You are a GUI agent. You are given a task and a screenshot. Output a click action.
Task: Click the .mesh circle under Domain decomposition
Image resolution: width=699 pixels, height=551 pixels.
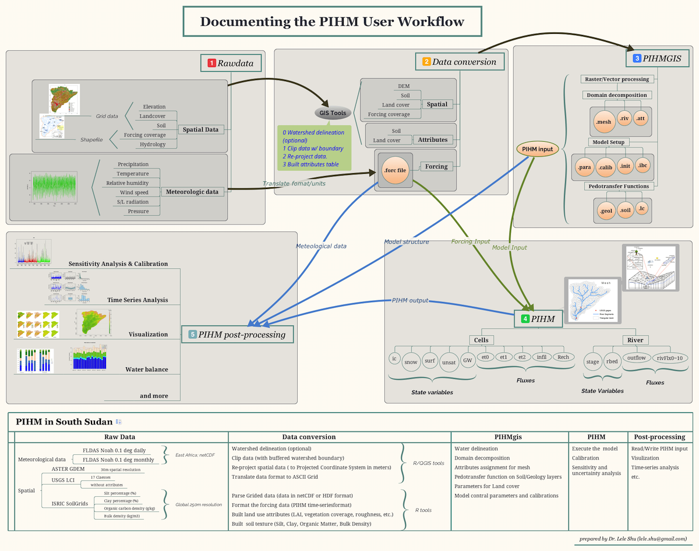pyautogui.click(x=603, y=121)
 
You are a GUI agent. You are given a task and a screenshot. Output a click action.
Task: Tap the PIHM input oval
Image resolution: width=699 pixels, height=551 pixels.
pyautogui.click(x=537, y=149)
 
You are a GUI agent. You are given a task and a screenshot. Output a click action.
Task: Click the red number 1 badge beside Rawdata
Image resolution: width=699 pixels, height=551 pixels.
pyautogui.click(x=211, y=62)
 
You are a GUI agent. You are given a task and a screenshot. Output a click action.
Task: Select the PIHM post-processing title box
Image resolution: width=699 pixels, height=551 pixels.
pyautogui.click(x=237, y=335)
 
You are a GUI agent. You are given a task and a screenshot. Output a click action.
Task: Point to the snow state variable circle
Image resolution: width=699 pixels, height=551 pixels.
pyautogui.click(x=411, y=362)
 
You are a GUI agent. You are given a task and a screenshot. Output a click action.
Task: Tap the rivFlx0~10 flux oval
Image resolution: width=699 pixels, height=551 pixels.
pyautogui.click(x=670, y=357)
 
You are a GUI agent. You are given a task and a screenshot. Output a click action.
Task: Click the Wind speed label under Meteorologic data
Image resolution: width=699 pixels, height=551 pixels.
pyautogui.click(x=133, y=192)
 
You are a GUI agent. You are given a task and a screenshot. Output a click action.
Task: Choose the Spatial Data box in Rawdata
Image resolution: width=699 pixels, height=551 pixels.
pyautogui.click(x=200, y=129)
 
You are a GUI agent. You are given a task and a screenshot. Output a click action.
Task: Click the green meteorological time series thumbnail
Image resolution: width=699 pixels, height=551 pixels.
pyautogui.click(x=52, y=188)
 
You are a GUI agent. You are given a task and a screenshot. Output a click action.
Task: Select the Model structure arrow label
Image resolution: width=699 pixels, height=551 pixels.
pyautogui.click(x=406, y=242)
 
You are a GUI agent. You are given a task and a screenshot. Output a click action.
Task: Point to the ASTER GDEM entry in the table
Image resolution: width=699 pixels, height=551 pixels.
pyautogui.click(x=68, y=469)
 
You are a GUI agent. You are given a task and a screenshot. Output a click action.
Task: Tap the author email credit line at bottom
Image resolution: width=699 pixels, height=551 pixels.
pyautogui.click(x=633, y=539)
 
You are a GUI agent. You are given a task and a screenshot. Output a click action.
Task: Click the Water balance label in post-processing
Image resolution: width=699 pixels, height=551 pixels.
pyautogui.click(x=146, y=369)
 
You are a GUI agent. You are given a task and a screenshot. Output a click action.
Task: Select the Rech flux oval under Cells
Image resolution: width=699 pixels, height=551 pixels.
pyautogui.click(x=563, y=357)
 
